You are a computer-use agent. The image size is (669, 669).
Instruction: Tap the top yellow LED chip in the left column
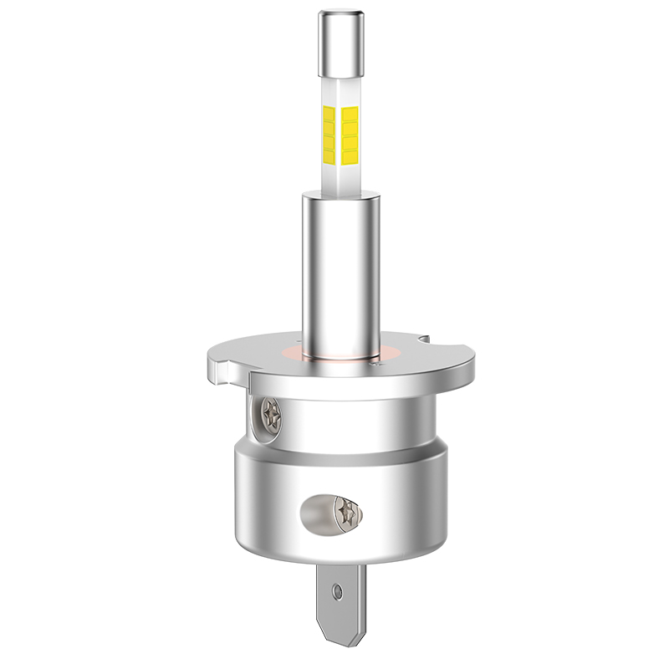[x=329, y=113]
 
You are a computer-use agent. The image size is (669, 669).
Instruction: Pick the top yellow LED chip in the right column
[x=350, y=113]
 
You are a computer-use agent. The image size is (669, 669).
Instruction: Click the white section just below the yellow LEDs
[x=340, y=176]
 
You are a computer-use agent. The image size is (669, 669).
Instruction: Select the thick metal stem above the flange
[x=340, y=268]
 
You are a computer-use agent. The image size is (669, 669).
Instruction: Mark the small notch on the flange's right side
[x=425, y=340]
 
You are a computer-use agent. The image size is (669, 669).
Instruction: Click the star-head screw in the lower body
[x=346, y=511]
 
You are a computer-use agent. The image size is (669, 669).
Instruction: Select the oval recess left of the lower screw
[x=318, y=512]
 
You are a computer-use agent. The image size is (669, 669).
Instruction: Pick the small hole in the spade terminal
[x=337, y=592]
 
